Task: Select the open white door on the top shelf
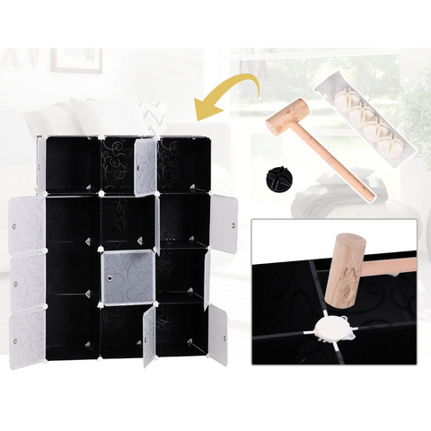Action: coord(145,167)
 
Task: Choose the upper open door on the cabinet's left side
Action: coord(27,224)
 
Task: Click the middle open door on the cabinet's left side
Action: coord(27,280)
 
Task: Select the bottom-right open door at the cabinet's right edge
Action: coord(218,335)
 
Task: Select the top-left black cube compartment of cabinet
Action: coord(72,165)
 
